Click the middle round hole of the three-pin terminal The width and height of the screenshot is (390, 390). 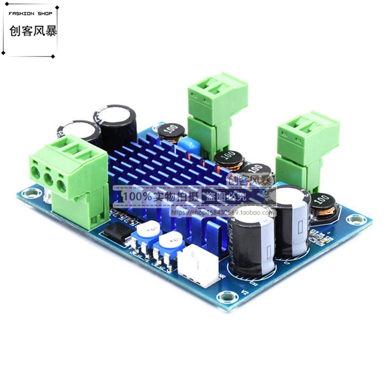tap(48, 179)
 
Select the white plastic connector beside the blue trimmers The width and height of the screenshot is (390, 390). tap(198, 266)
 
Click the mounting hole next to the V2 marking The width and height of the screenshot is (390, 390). tap(227, 298)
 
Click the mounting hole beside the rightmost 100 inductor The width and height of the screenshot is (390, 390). tap(356, 220)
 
